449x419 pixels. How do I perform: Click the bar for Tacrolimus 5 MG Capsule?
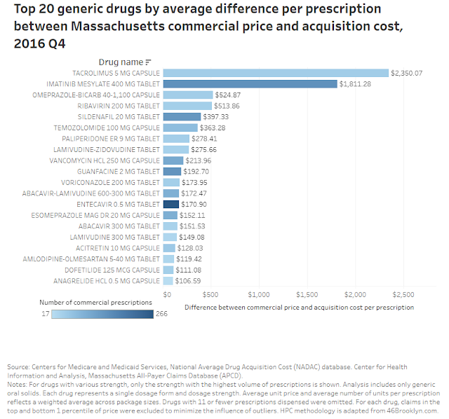(276, 73)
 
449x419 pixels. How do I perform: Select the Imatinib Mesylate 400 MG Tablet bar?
(250, 84)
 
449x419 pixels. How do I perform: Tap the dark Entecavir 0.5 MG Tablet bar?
(171, 204)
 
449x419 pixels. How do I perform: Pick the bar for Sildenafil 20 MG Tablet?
(182, 117)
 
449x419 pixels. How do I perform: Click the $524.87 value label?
(228, 95)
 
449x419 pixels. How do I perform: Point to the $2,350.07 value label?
(407, 73)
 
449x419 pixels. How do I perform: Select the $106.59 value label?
(188, 281)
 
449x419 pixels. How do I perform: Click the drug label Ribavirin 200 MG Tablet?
(119, 106)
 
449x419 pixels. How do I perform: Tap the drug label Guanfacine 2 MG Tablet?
(119, 172)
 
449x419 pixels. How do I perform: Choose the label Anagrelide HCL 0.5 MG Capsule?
(107, 281)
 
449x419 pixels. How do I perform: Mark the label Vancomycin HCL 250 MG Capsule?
(105, 160)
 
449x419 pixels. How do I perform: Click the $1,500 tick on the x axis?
(307, 294)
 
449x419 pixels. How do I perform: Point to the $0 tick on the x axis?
(167, 294)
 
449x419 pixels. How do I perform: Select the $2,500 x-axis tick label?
(403, 294)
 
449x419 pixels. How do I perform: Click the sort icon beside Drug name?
(148, 62)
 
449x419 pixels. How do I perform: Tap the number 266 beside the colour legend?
(161, 314)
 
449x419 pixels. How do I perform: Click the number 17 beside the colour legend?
(46, 314)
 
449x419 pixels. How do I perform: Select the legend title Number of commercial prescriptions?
(95, 302)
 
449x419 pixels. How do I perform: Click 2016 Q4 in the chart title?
(39, 43)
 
